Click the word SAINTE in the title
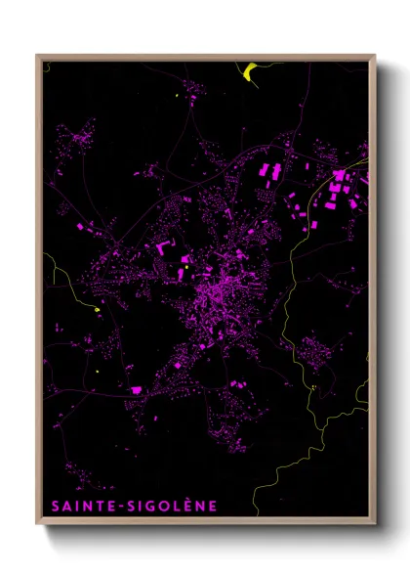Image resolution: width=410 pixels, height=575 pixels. pyautogui.click(x=79, y=507)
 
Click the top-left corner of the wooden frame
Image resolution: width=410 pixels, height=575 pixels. pyautogui.click(x=37, y=56)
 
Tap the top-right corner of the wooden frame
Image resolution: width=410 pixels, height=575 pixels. pyautogui.click(x=374, y=56)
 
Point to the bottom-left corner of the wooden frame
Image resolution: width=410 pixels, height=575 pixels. pyautogui.click(x=37, y=524)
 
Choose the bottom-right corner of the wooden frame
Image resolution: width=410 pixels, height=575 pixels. pyautogui.click(x=374, y=524)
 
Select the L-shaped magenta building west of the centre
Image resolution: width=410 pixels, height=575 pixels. pyautogui.click(x=160, y=250)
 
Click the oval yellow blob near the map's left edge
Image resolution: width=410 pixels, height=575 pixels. pyautogui.click(x=98, y=311)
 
